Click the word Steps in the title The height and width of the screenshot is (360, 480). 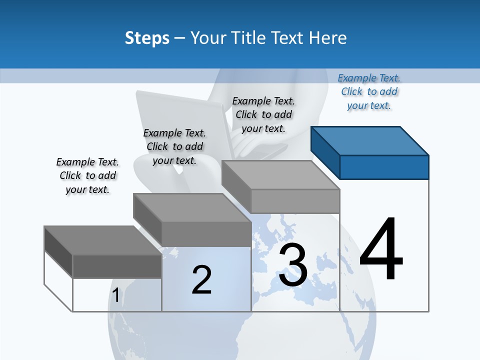[147, 38]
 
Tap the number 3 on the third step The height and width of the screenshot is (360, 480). [293, 265]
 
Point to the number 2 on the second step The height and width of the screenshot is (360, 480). [201, 279]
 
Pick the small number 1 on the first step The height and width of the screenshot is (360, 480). [115, 295]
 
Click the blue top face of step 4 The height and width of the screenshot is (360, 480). [370, 140]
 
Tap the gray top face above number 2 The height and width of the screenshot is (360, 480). [192, 207]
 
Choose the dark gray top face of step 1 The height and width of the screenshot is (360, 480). [103, 240]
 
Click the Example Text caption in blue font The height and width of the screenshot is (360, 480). [369, 91]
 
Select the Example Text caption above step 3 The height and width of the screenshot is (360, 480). [263, 114]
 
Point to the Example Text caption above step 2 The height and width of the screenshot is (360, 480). [174, 146]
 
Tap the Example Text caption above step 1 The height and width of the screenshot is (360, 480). [87, 175]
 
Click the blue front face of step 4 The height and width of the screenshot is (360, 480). [384, 167]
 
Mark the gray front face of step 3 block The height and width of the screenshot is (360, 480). [295, 201]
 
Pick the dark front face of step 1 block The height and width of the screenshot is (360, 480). [117, 266]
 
